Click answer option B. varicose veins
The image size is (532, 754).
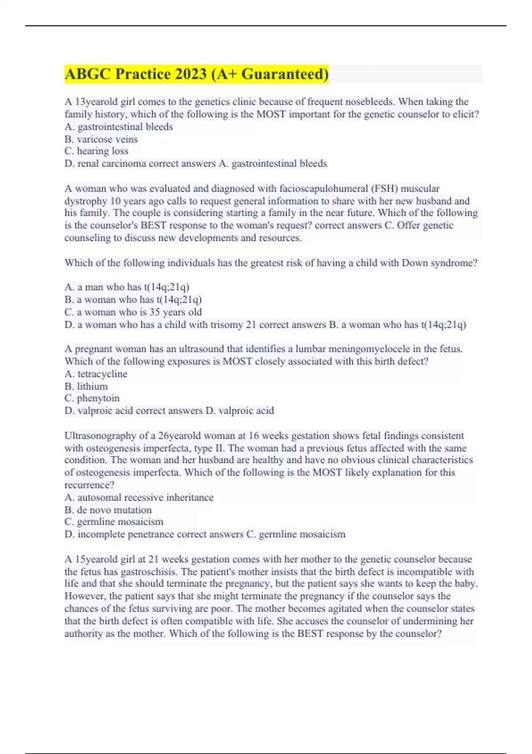click(101, 139)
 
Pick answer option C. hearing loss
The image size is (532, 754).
click(96, 151)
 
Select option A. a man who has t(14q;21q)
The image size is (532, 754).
click(127, 287)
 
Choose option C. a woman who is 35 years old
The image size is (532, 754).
click(133, 312)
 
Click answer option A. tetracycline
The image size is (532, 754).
click(96, 374)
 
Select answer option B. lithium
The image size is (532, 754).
click(86, 386)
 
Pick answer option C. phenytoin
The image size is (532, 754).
click(92, 398)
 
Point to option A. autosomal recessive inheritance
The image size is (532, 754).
click(139, 497)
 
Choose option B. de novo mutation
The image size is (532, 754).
click(108, 510)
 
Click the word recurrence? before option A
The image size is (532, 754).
click(89, 485)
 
